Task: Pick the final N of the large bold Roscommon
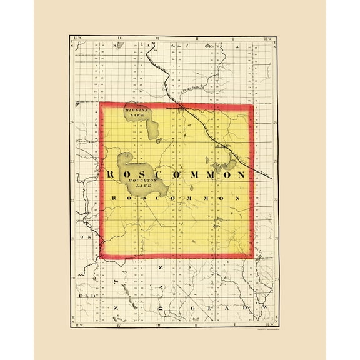[x=240, y=175]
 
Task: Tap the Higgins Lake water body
[x=150, y=127]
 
